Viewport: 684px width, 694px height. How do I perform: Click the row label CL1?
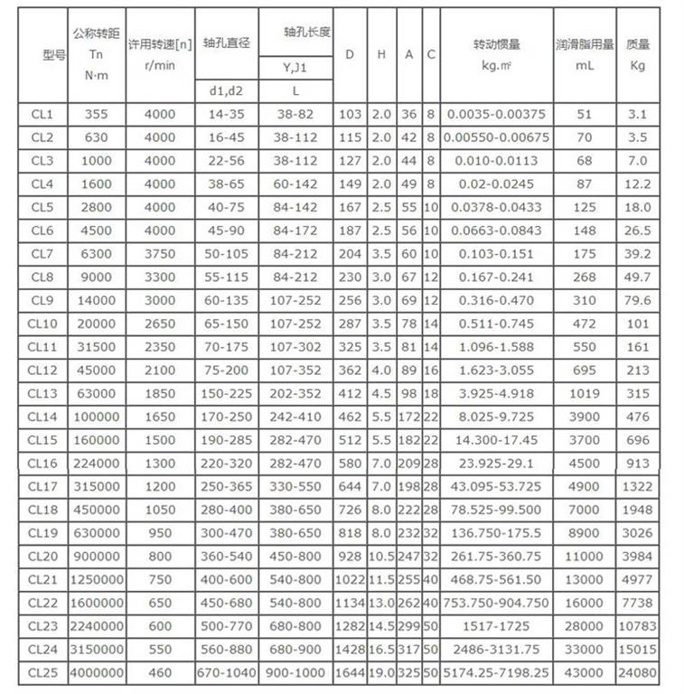(42, 114)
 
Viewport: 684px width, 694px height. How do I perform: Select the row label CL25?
(42, 672)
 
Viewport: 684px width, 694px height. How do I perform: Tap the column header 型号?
(42, 55)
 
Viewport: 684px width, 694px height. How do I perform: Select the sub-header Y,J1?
(295, 68)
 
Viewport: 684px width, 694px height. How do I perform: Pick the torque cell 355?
(96, 114)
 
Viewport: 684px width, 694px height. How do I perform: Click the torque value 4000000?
(96, 672)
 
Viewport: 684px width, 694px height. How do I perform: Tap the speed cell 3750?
(160, 254)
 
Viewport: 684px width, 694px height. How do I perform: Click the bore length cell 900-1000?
(295, 672)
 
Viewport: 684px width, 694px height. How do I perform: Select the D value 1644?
(350, 672)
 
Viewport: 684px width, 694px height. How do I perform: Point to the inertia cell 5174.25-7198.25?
(496, 672)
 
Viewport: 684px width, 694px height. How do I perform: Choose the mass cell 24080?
(637, 672)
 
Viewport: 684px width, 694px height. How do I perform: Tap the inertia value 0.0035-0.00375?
(496, 114)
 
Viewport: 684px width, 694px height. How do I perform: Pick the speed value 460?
(160, 672)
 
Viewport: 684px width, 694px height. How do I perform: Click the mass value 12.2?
(637, 183)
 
